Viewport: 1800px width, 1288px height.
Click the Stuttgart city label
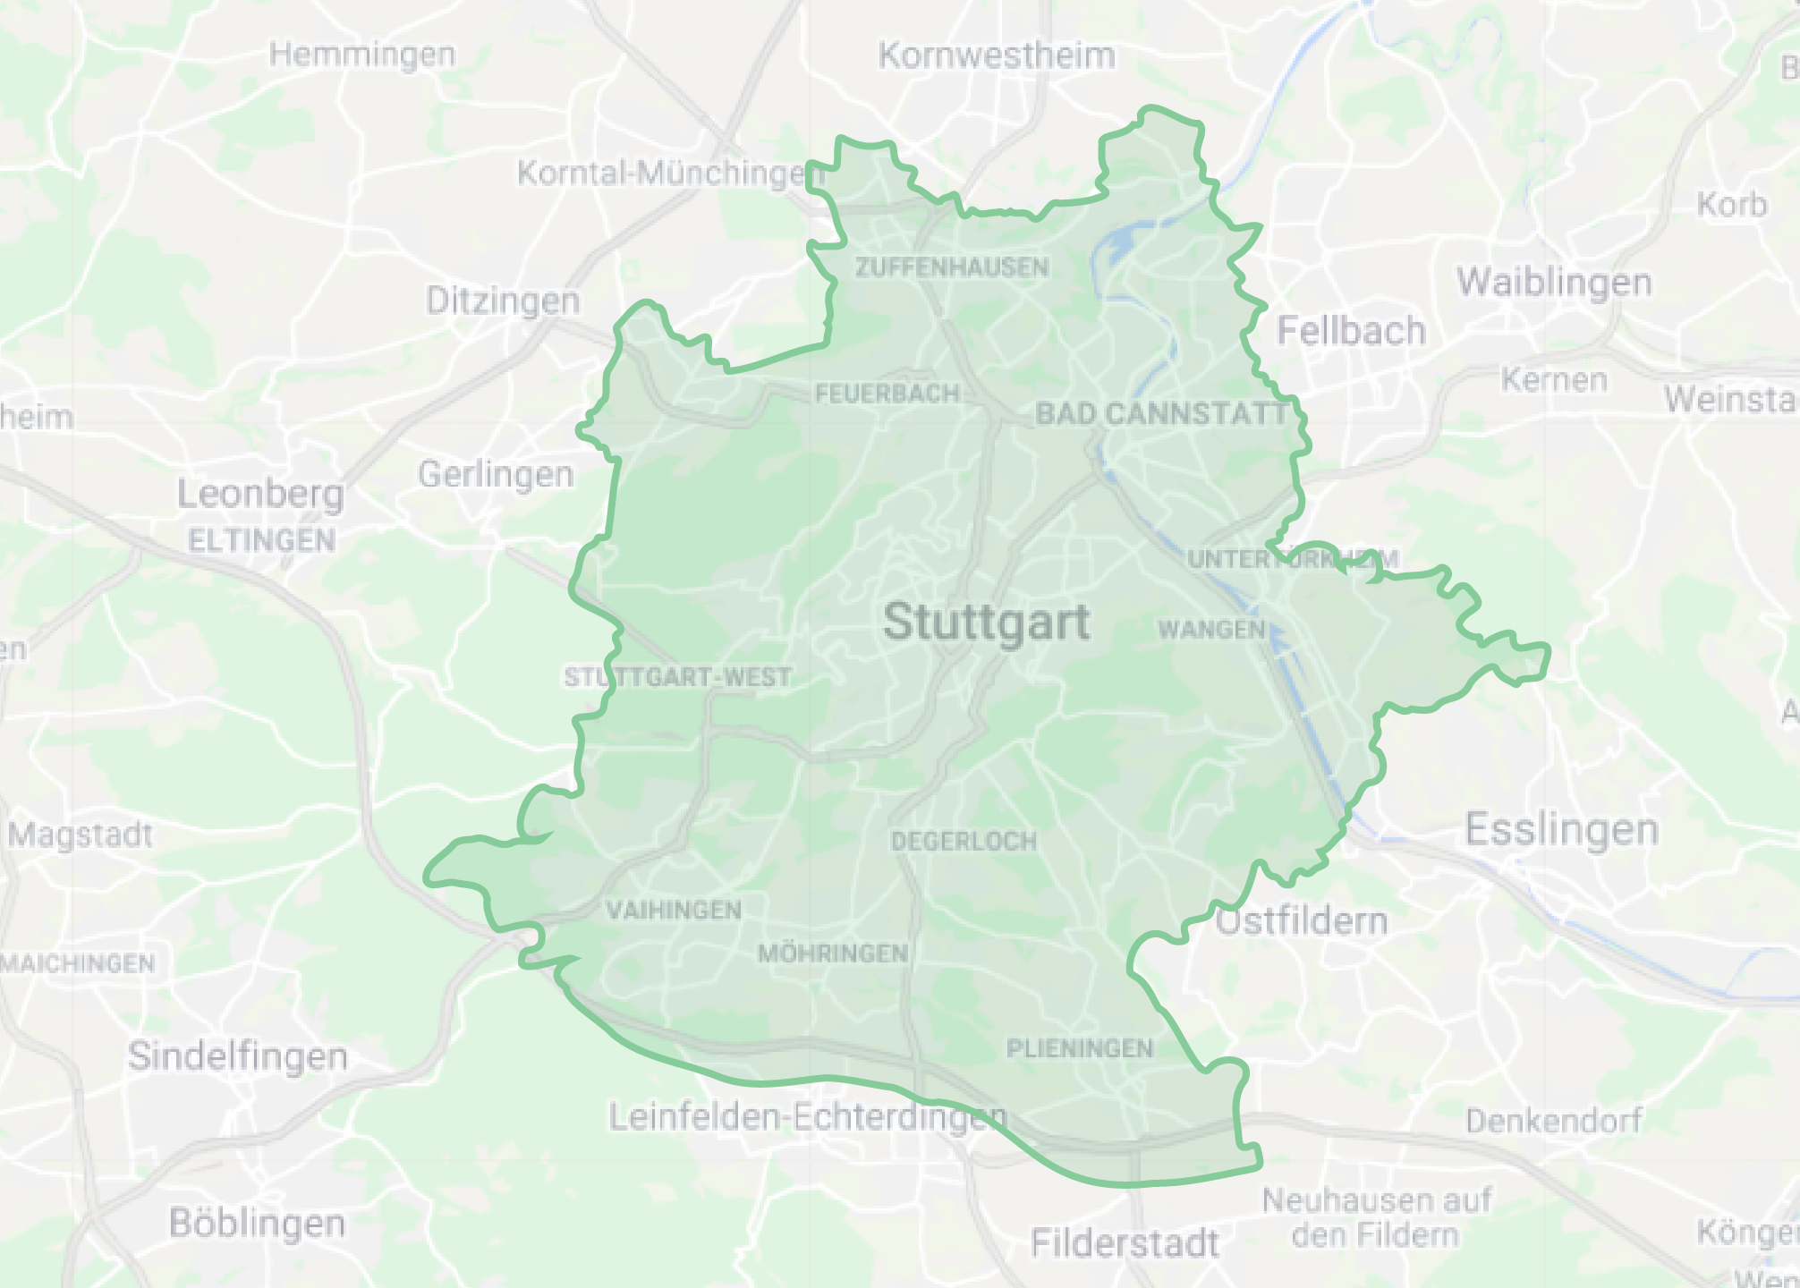click(x=986, y=622)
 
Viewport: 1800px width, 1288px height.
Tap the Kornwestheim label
click(x=997, y=55)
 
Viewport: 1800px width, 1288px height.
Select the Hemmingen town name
click(x=362, y=55)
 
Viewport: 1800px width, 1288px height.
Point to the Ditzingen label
click(x=503, y=301)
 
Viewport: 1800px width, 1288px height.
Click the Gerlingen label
click(x=496, y=474)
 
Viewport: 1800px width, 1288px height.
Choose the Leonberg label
click(x=260, y=494)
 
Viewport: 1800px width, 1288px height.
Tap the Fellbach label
click(x=1351, y=331)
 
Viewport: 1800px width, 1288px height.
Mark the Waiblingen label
click(x=1554, y=283)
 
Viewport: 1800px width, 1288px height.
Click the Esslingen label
click(x=1561, y=830)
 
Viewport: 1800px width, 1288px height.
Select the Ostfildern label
click(x=1302, y=921)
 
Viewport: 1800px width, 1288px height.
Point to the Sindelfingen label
click(x=237, y=1056)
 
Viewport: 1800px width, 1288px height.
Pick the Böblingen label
click(x=257, y=1223)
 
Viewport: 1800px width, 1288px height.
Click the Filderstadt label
click(x=1125, y=1243)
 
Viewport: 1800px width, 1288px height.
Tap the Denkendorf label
click(x=1554, y=1120)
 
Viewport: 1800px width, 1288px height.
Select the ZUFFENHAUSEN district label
click(x=951, y=267)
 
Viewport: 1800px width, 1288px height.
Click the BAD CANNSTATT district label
click(x=1161, y=413)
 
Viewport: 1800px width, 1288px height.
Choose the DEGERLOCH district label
click(x=964, y=841)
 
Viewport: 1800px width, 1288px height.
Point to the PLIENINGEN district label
click(x=1080, y=1048)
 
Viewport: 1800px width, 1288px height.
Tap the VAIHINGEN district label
click(x=674, y=911)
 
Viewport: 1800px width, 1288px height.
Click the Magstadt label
click(x=81, y=835)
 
